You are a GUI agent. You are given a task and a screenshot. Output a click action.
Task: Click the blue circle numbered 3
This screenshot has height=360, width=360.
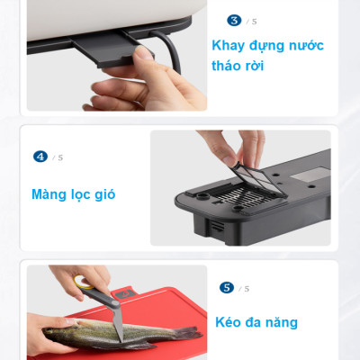pyautogui.click(x=235, y=19)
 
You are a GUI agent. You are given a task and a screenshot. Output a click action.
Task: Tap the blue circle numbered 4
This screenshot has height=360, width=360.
pyautogui.click(x=40, y=156)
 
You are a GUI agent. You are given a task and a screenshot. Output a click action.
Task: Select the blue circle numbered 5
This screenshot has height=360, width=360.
pyautogui.click(x=227, y=288)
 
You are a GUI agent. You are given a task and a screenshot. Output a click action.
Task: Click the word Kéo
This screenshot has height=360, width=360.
pyautogui.click(x=232, y=321)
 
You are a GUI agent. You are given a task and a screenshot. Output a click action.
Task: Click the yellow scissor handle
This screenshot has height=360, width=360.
pyautogui.click(x=85, y=283)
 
